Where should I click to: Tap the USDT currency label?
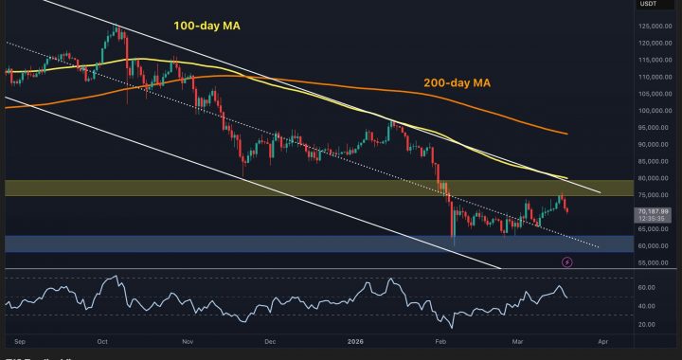pyautogui.click(x=650, y=4)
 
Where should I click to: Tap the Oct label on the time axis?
pyautogui.click(x=103, y=338)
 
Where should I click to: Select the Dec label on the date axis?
pyautogui.click(x=270, y=338)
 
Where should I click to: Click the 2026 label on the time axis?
pyautogui.click(x=355, y=338)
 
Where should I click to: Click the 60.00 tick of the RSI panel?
pyautogui.click(x=647, y=287)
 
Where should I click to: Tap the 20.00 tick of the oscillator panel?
pyautogui.click(x=647, y=324)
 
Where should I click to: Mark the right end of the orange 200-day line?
pyautogui.click(x=566, y=134)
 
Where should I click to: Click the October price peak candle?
pyautogui.click(x=116, y=28)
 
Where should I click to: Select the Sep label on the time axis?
pyautogui.click(x=18, y=338)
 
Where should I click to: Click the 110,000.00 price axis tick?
pyautogui.click(x=653, y=77)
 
